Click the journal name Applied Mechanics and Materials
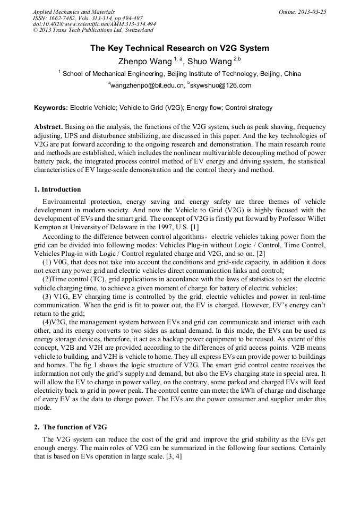click(73, 11)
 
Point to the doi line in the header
click(94, 24)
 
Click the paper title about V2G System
click(179, 48)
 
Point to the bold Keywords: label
click(51, 108)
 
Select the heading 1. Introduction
click(57, 189)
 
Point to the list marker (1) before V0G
click(47, 262)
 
